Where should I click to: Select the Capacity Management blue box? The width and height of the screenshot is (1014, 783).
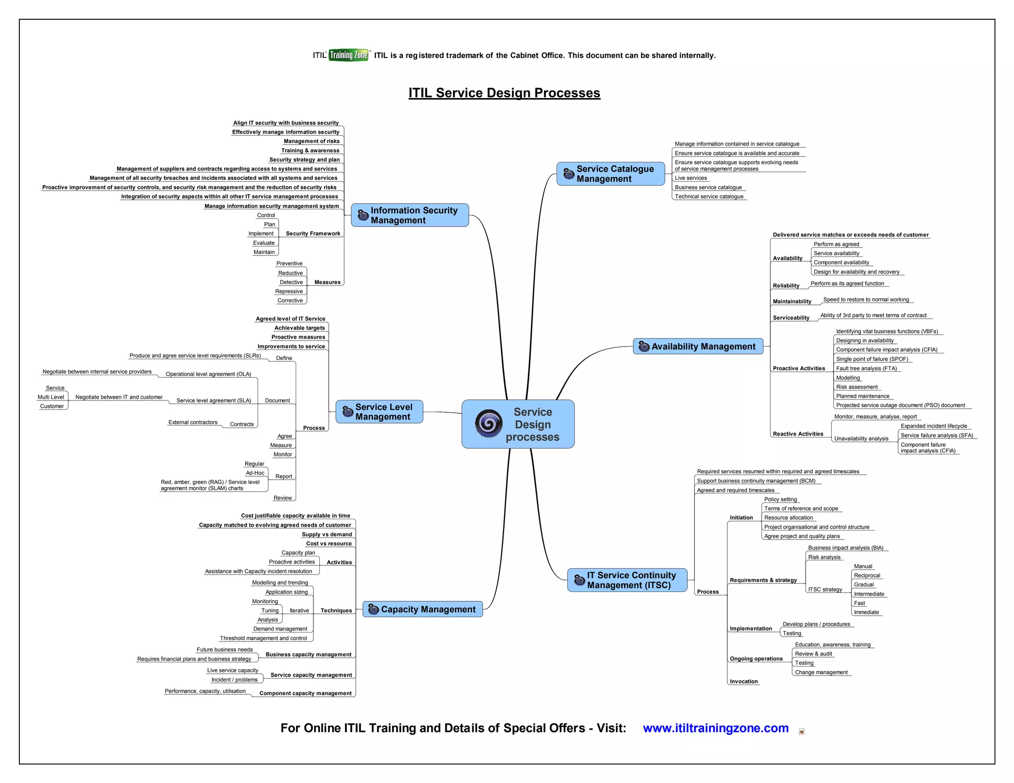click(x=422, y=609)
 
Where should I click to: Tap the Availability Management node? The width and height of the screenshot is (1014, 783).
click(x=698, y=346)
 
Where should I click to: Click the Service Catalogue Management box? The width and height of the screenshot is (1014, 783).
click(x=610, y=174)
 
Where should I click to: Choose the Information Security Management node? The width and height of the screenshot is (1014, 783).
click(x=410, y=215)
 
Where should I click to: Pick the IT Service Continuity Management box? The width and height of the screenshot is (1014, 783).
click(x=627, y=580)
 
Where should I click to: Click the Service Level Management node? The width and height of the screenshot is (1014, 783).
click(x=379, y=412)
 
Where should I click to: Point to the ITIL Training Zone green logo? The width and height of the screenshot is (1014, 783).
click(x=349, y=55)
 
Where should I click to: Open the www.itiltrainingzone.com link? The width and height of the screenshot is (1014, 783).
click(x=715, y=728)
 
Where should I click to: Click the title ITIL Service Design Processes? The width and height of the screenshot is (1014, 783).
click(x=504, y=93)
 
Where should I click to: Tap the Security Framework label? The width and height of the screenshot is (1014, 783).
click(x=313, y=234)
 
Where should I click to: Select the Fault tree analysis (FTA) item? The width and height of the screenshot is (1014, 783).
click(x=866, y=368)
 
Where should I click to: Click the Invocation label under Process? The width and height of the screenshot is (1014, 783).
click(x=743, y=682)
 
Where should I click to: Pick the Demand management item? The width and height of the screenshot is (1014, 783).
click(x=280, y=629)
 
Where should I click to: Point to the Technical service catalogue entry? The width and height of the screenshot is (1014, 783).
click(x=709, y=196)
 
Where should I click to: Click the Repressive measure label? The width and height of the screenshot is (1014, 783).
click(x=289, y=292)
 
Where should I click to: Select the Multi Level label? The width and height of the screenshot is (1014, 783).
click(x=51, y=397)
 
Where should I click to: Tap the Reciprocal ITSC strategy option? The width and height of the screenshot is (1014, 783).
click(x=867, y=576)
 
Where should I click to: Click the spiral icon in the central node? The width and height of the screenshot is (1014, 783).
click(x=489, y=424)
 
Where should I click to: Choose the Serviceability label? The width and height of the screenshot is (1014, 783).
click(x=791, y=318)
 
